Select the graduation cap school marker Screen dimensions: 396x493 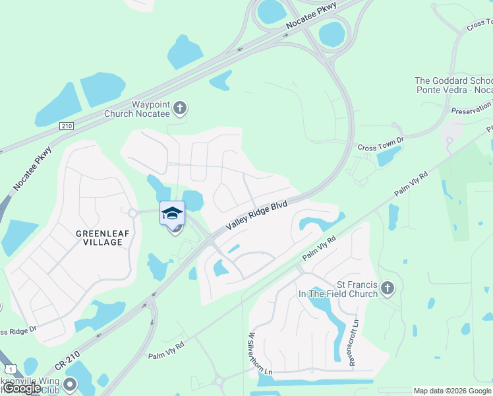point(172,214)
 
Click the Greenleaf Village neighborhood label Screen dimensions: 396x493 point(99,238)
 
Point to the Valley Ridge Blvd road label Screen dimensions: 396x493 point(256,216)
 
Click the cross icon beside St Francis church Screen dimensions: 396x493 point(388,288)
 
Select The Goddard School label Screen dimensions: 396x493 point(453,85)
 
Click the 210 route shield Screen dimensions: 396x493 point(66,125)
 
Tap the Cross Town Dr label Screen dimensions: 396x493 point(380,148)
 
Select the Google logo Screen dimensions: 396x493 point(22,388)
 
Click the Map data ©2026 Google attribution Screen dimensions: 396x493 point(453,391)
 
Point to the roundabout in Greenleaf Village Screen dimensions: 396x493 point(132,213)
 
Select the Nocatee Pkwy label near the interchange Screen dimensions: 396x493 point(311,16)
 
